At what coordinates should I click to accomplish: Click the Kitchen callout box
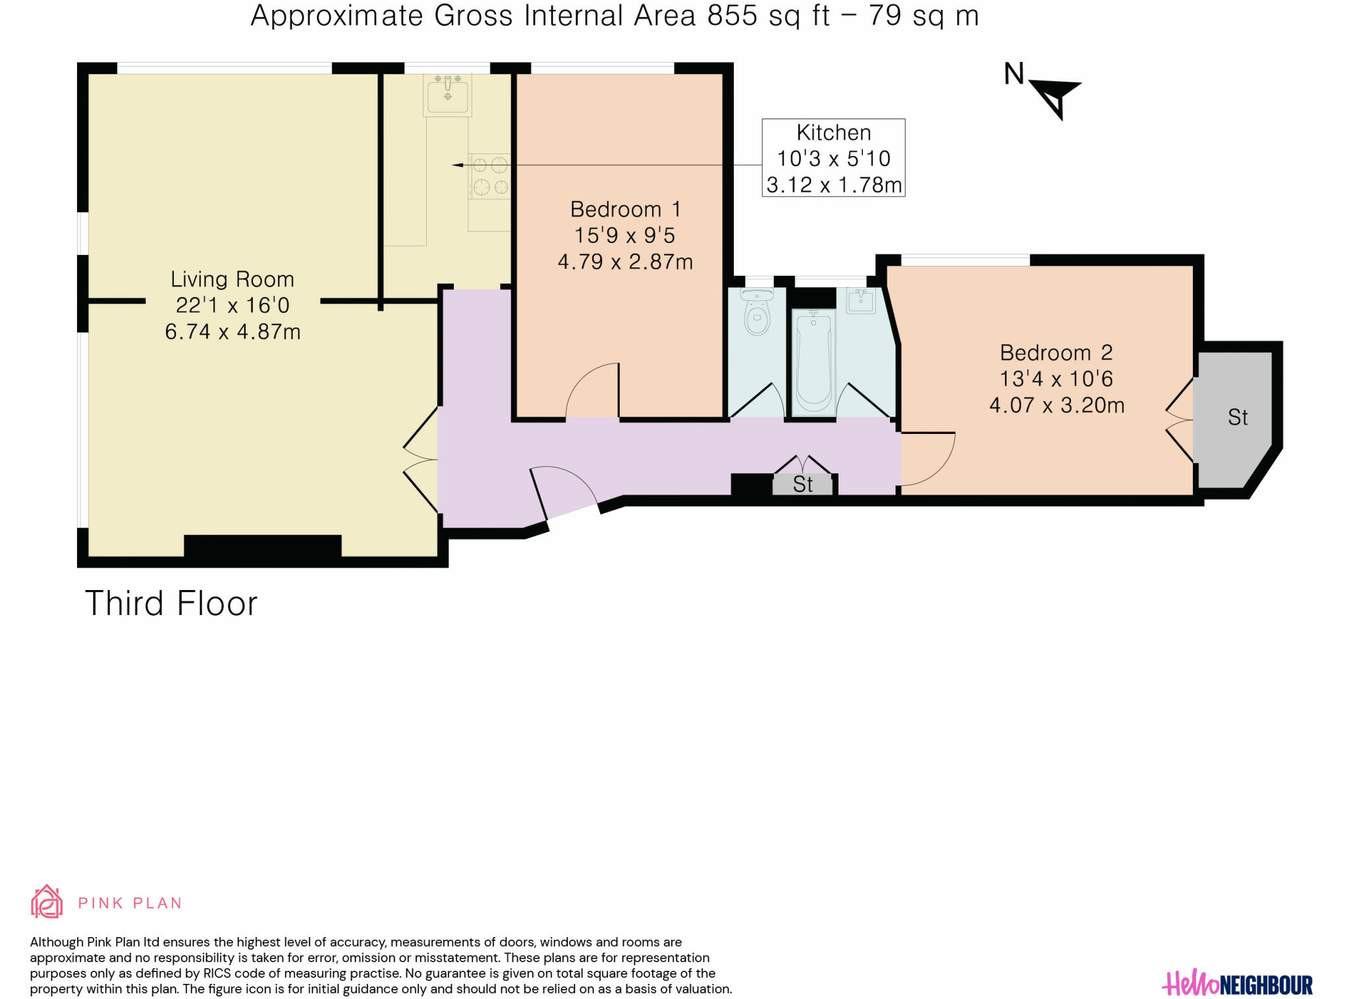(x=833, y=158)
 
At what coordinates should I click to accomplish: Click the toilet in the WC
(x=757, y=312)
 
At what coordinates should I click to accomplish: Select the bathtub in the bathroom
(x=813, y=361)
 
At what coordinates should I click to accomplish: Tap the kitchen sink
(x=448, y=95)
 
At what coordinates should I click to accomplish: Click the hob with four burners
(x=489, y=176)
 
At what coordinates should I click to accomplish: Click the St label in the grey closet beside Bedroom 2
(x=1238, y=418)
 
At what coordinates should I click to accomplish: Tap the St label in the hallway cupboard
(x=803, y=485)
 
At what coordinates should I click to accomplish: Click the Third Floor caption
(x=171, y=603)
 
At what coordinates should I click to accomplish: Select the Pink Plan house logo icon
(x=47, y=902)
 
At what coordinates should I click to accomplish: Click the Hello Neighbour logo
(x=1237, y=985)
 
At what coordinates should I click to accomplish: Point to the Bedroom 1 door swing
(x=592, y=390)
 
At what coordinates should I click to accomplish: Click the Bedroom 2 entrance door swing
(x=928, y=459)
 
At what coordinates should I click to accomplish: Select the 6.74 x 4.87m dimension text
(x=233, y=331)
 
